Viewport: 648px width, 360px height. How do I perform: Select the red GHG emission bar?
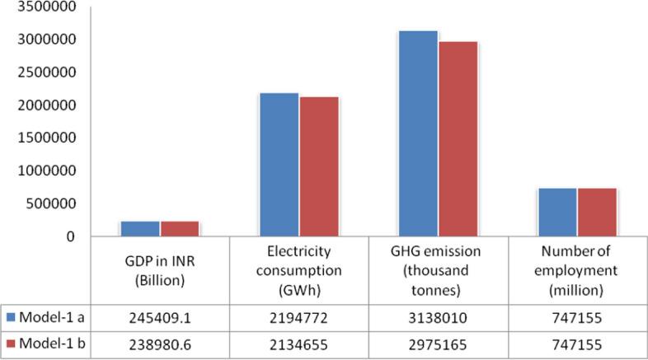tap(458, 139)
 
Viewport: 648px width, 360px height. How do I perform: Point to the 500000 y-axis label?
tap(48, 204)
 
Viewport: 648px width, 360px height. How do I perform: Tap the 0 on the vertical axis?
tap(72, 237)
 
